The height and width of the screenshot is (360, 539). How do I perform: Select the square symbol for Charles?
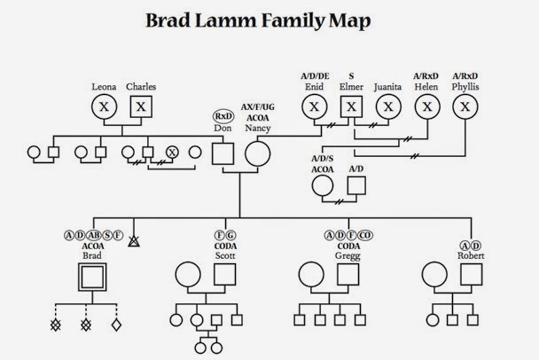[x=140, y=107]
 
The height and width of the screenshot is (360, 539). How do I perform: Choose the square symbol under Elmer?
[x=352, y=107]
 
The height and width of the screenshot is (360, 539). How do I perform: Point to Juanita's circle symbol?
[x=387, y=107]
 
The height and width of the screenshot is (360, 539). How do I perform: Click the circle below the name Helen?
[x=428, y=107]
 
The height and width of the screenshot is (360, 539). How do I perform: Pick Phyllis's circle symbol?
[x=464, y=107]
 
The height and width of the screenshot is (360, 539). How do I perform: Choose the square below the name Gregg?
[x=348, y=274]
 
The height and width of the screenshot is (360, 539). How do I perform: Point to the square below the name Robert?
[x=471, y=274]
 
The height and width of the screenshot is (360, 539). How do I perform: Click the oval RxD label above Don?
[x=223, y=116]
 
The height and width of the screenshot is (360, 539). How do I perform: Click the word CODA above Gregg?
[x=348, y=246]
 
